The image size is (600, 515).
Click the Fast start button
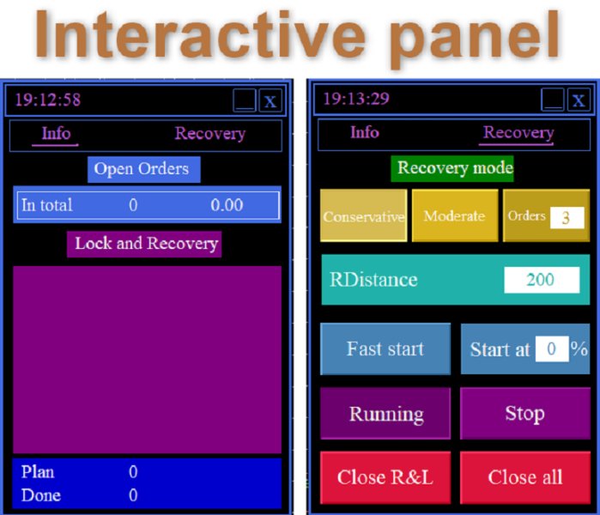[x=385, y=349]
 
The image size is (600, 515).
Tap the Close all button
[x=525, y=477]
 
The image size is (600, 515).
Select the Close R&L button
[x=385, y=477]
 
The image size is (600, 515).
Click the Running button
[x=385, y=413]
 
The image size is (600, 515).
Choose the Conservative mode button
[x=364, y=215]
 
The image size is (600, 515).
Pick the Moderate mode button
[x=455, y=215]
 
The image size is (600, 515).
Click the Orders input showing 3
[x=567, y=218]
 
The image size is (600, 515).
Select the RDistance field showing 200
[x=542, y=280]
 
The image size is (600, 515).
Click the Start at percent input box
[x=552, y=348]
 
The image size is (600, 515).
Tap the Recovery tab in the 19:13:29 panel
[x=518, y=132]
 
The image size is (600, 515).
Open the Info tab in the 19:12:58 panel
[x=56, y=134]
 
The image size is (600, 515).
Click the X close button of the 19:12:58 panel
[x=270, y=101]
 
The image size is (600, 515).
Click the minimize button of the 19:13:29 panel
[x=553, y=100]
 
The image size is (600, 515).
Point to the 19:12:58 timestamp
[x=48, y=100]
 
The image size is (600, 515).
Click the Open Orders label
[x=144, y=169]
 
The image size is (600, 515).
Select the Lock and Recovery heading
[x=144, y=244]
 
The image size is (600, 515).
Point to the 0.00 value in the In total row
[x=227, y=205]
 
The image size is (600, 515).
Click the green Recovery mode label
[x=452, y=168]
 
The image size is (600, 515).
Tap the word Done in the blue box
[x=41, y=495]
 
